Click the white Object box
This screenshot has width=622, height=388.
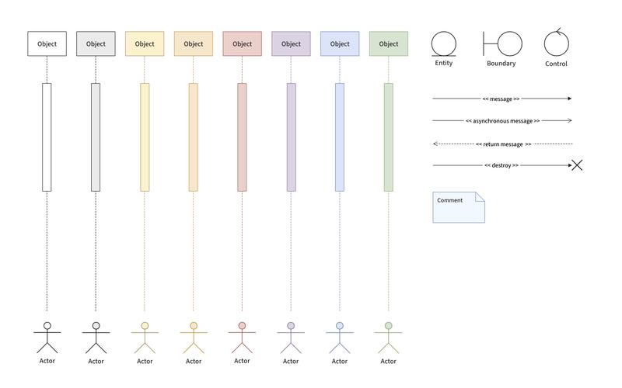[47, 43]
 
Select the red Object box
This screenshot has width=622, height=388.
[242, 43]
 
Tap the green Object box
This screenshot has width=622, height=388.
[388, 43]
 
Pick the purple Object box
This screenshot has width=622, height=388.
[291, 43]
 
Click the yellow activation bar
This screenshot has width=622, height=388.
[145, 137]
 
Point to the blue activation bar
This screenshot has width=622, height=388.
[340, 137]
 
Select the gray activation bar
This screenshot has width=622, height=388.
[96, 137]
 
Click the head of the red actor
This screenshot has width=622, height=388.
[242, 325]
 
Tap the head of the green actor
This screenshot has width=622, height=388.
[388, 325]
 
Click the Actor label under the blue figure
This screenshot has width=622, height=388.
[340, 361]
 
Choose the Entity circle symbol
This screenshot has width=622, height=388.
[443, 44]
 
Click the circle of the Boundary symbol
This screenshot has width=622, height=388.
[510, 43]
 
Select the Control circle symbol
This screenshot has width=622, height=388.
[556, 43]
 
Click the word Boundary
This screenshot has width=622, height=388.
[501, 64]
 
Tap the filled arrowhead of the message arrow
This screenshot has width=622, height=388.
[570, 99]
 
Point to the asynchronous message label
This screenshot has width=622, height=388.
[502, 121]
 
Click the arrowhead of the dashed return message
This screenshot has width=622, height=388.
[435, 144]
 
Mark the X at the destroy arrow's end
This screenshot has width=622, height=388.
[577, 165]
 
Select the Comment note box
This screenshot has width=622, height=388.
[459, 207]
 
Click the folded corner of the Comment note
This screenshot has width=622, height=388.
[480, 196]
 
